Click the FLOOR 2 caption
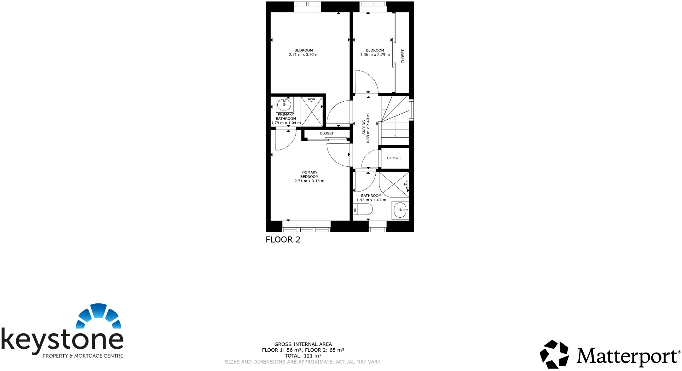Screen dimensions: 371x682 [283, 240]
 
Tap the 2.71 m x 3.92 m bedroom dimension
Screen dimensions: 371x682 [304, 55]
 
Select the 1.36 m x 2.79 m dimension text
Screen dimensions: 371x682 [375, 55]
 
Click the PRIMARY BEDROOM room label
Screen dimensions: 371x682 [309, 175]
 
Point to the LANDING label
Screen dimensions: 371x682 [364, 128]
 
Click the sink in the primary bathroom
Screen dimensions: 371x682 [284, 105]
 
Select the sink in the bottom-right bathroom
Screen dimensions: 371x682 [400, 210]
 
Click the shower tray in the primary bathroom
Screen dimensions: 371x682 [312, 111]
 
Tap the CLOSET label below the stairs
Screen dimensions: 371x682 [394, 158]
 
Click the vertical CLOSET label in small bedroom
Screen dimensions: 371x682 [403, 56]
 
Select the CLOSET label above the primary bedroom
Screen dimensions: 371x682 [326, 133]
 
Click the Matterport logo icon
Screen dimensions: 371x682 [554, 354]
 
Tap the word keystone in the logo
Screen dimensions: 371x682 [62, 339]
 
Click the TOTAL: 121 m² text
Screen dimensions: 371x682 [303, 356]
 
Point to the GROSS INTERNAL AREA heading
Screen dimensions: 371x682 [303, 344]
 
